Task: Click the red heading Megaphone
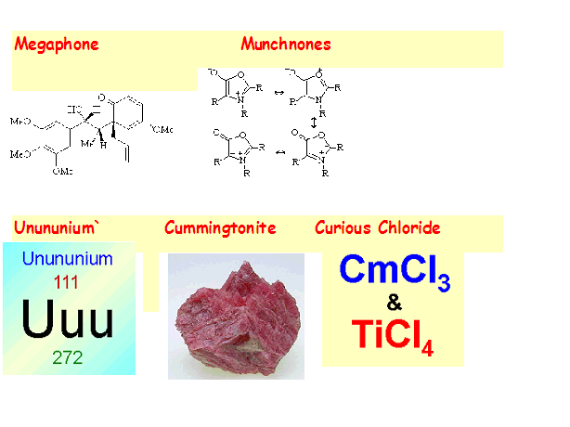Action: point(57,45)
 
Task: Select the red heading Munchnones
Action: point(286,45)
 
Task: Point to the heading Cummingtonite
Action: point(220,228)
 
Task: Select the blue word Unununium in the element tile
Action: point(67,259)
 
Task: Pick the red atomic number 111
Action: point(68,281)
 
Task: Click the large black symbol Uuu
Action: point(69,318)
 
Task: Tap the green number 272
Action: point(68,357)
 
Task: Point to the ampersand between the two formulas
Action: point(394,303)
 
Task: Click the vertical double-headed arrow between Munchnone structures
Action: point(314,121)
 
